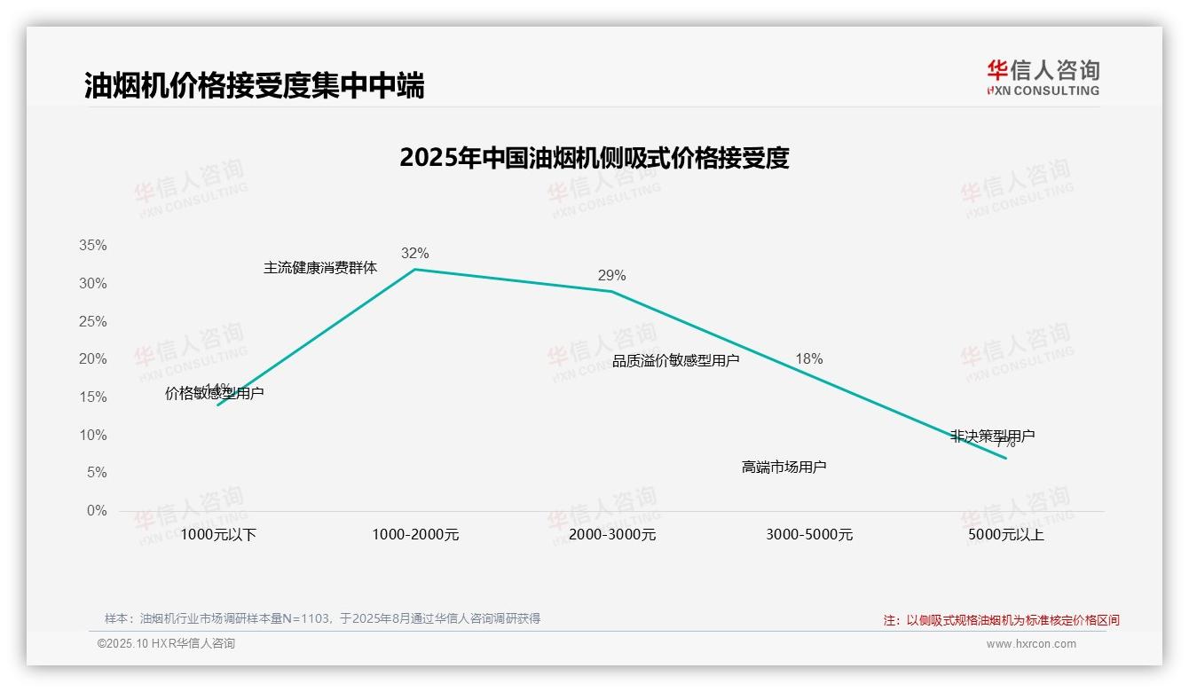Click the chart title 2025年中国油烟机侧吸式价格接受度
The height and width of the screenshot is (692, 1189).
pyautogui.click(x=594, y=158)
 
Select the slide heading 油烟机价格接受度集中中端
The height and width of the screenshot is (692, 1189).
pyautogui.click(x=254, y=85)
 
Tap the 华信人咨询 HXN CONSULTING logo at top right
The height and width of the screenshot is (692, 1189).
pyautogui.click(x=1043, y=77)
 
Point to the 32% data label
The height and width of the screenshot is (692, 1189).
pyautogui.click(x=414, y=254)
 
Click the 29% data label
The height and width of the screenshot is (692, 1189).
pyautogui.click(x=611, y=276)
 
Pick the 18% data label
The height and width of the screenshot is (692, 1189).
pyautogui.click(x=808, y=359)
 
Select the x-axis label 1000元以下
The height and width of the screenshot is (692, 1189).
pyautogui.click(x=217, y=535)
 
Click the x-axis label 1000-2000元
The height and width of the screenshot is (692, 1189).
pyautogui.click(x=415, y=535)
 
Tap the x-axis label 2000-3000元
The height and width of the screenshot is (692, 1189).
pyautogui.click(x=612, y=535)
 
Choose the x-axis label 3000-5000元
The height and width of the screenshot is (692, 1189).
pyautogui.click(x=809, y=535)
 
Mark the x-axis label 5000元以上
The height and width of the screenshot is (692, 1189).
pyautogui.click(x=1006, y=535)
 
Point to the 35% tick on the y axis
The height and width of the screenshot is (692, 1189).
pyautogui.click(x=92, y=246)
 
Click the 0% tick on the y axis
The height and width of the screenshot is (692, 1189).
pyautogui.click(x=97, y=511)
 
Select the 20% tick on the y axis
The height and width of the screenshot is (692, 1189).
pyautogui.click(x=92, y=359)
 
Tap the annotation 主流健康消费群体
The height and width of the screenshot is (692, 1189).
pyautogui.click(x=320, y=268)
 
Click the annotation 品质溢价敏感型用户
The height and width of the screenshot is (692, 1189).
pyautogui.click(x=675, y=361)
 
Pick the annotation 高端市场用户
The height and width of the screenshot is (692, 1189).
pyautogui.click(x=783, y=467)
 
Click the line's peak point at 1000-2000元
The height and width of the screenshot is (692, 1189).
pyautogui.click(x=415, y=269)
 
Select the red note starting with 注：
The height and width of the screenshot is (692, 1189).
pyautogui.click(x=1001, y=621)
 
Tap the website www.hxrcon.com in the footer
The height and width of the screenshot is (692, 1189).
pyautogui.click(x=1031, y=644)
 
